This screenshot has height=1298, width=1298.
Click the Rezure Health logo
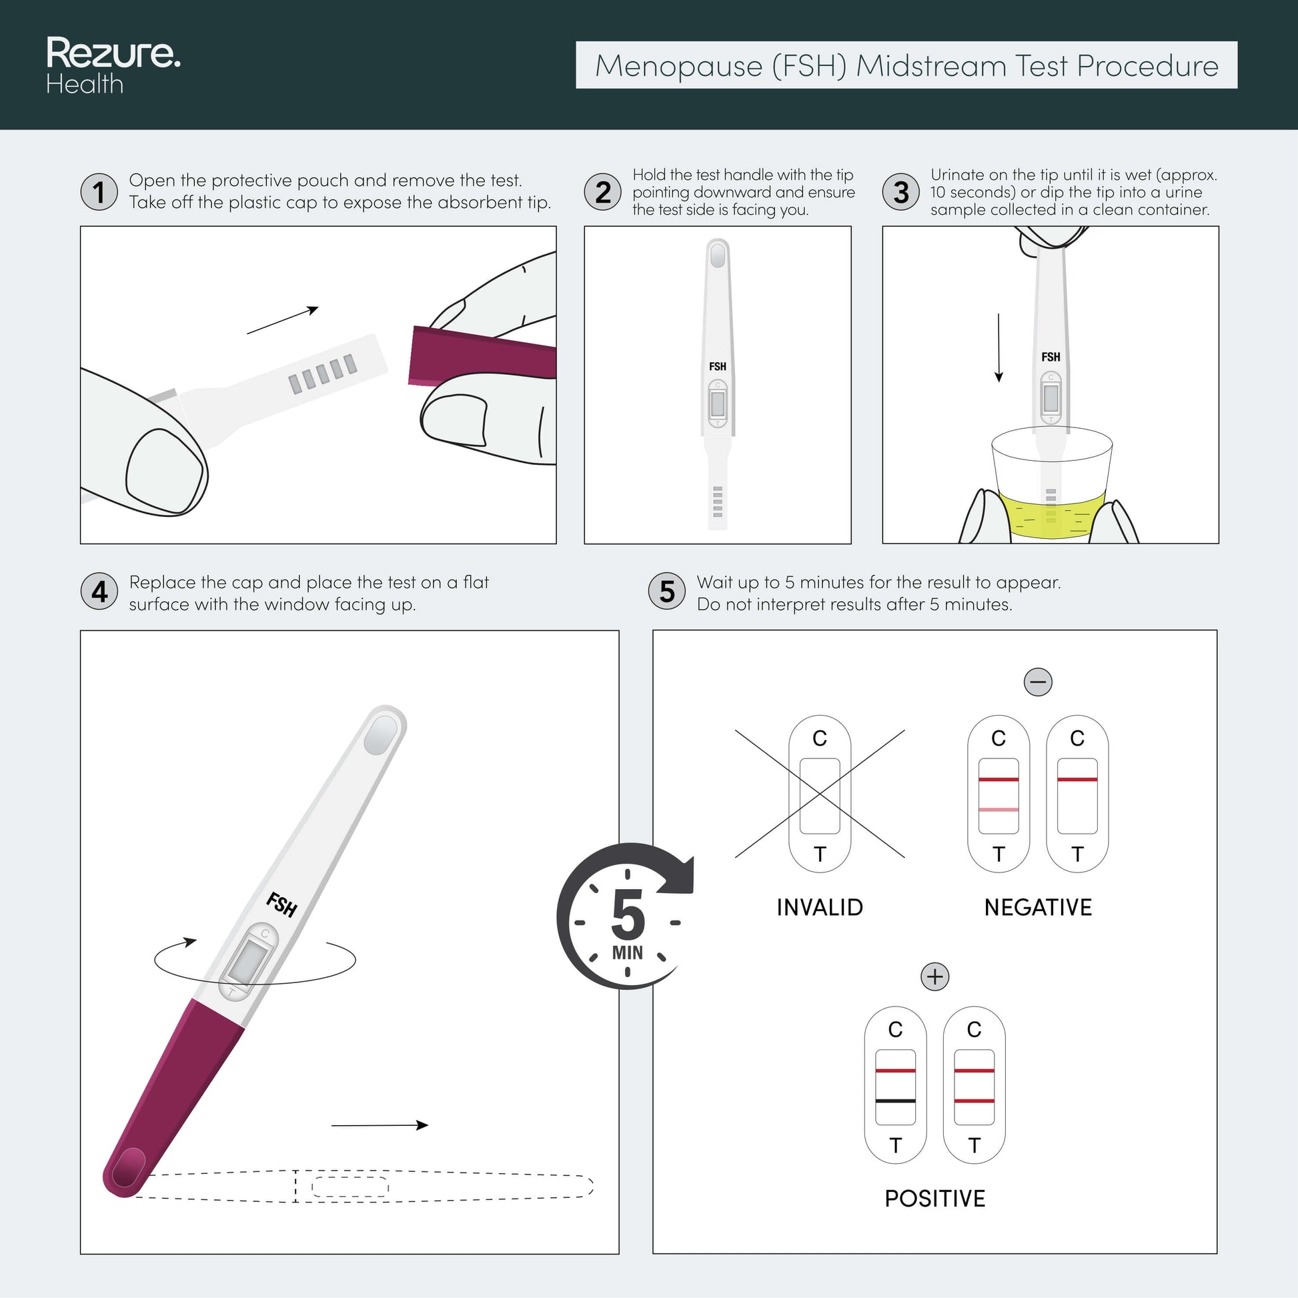[113, 65]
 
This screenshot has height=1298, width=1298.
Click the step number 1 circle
[99, 191]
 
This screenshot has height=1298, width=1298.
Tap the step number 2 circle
[604, 191]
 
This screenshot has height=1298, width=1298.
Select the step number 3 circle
[901, 191]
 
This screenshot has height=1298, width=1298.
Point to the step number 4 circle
[99, 591]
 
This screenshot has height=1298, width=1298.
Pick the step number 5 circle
[667, 591]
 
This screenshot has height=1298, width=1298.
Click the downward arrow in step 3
[999, 348]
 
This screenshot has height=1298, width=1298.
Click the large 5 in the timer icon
[628, 914]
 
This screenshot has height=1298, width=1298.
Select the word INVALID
[820, 907]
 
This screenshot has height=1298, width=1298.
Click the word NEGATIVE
[1038, 907]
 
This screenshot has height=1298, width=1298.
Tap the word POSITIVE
[934, 1198]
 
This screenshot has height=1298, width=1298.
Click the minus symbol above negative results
[1038, 682]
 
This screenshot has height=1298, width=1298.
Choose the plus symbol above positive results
[934, 977]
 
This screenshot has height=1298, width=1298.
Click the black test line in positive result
[896, 1101]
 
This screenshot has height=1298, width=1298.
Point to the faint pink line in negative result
[999, 810]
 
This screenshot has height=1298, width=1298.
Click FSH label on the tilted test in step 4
[281, 904]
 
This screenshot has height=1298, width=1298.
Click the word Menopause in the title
[679, 66]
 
